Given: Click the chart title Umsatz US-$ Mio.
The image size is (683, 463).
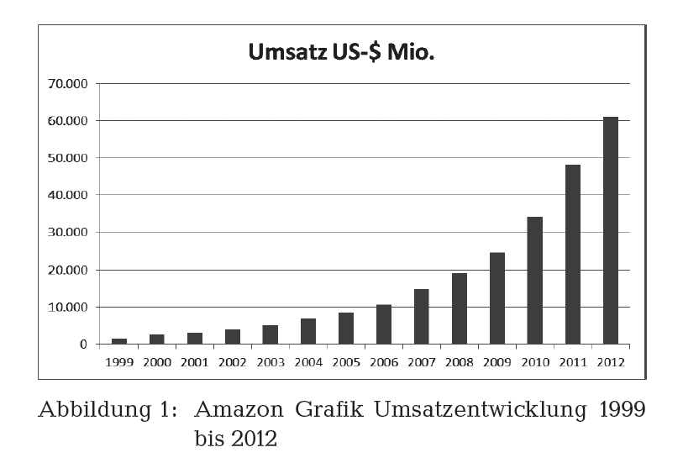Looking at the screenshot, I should [x=345, y=54].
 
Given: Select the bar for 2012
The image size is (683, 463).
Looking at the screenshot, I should [x=611, y=230].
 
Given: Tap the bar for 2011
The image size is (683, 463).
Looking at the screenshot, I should [x=573, y=255].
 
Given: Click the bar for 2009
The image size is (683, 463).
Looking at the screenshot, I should [x=497, y=298].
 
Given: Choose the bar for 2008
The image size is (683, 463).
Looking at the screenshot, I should [x=460, y=308].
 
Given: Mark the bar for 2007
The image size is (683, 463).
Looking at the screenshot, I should [x=422, y=317].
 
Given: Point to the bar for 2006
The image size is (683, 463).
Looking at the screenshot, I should [x=384, y=324].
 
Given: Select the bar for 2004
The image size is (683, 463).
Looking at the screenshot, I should [x=308, y=332].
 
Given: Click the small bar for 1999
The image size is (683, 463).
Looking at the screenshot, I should [x=119, y=341].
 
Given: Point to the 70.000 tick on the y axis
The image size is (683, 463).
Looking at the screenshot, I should [x=70, y=84].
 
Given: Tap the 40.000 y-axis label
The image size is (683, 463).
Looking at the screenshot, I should [x=70, y=195].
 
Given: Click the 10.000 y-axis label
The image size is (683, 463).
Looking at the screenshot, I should [x=70, y=307].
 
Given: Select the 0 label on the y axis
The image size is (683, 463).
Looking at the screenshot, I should [x=83, y=345].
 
